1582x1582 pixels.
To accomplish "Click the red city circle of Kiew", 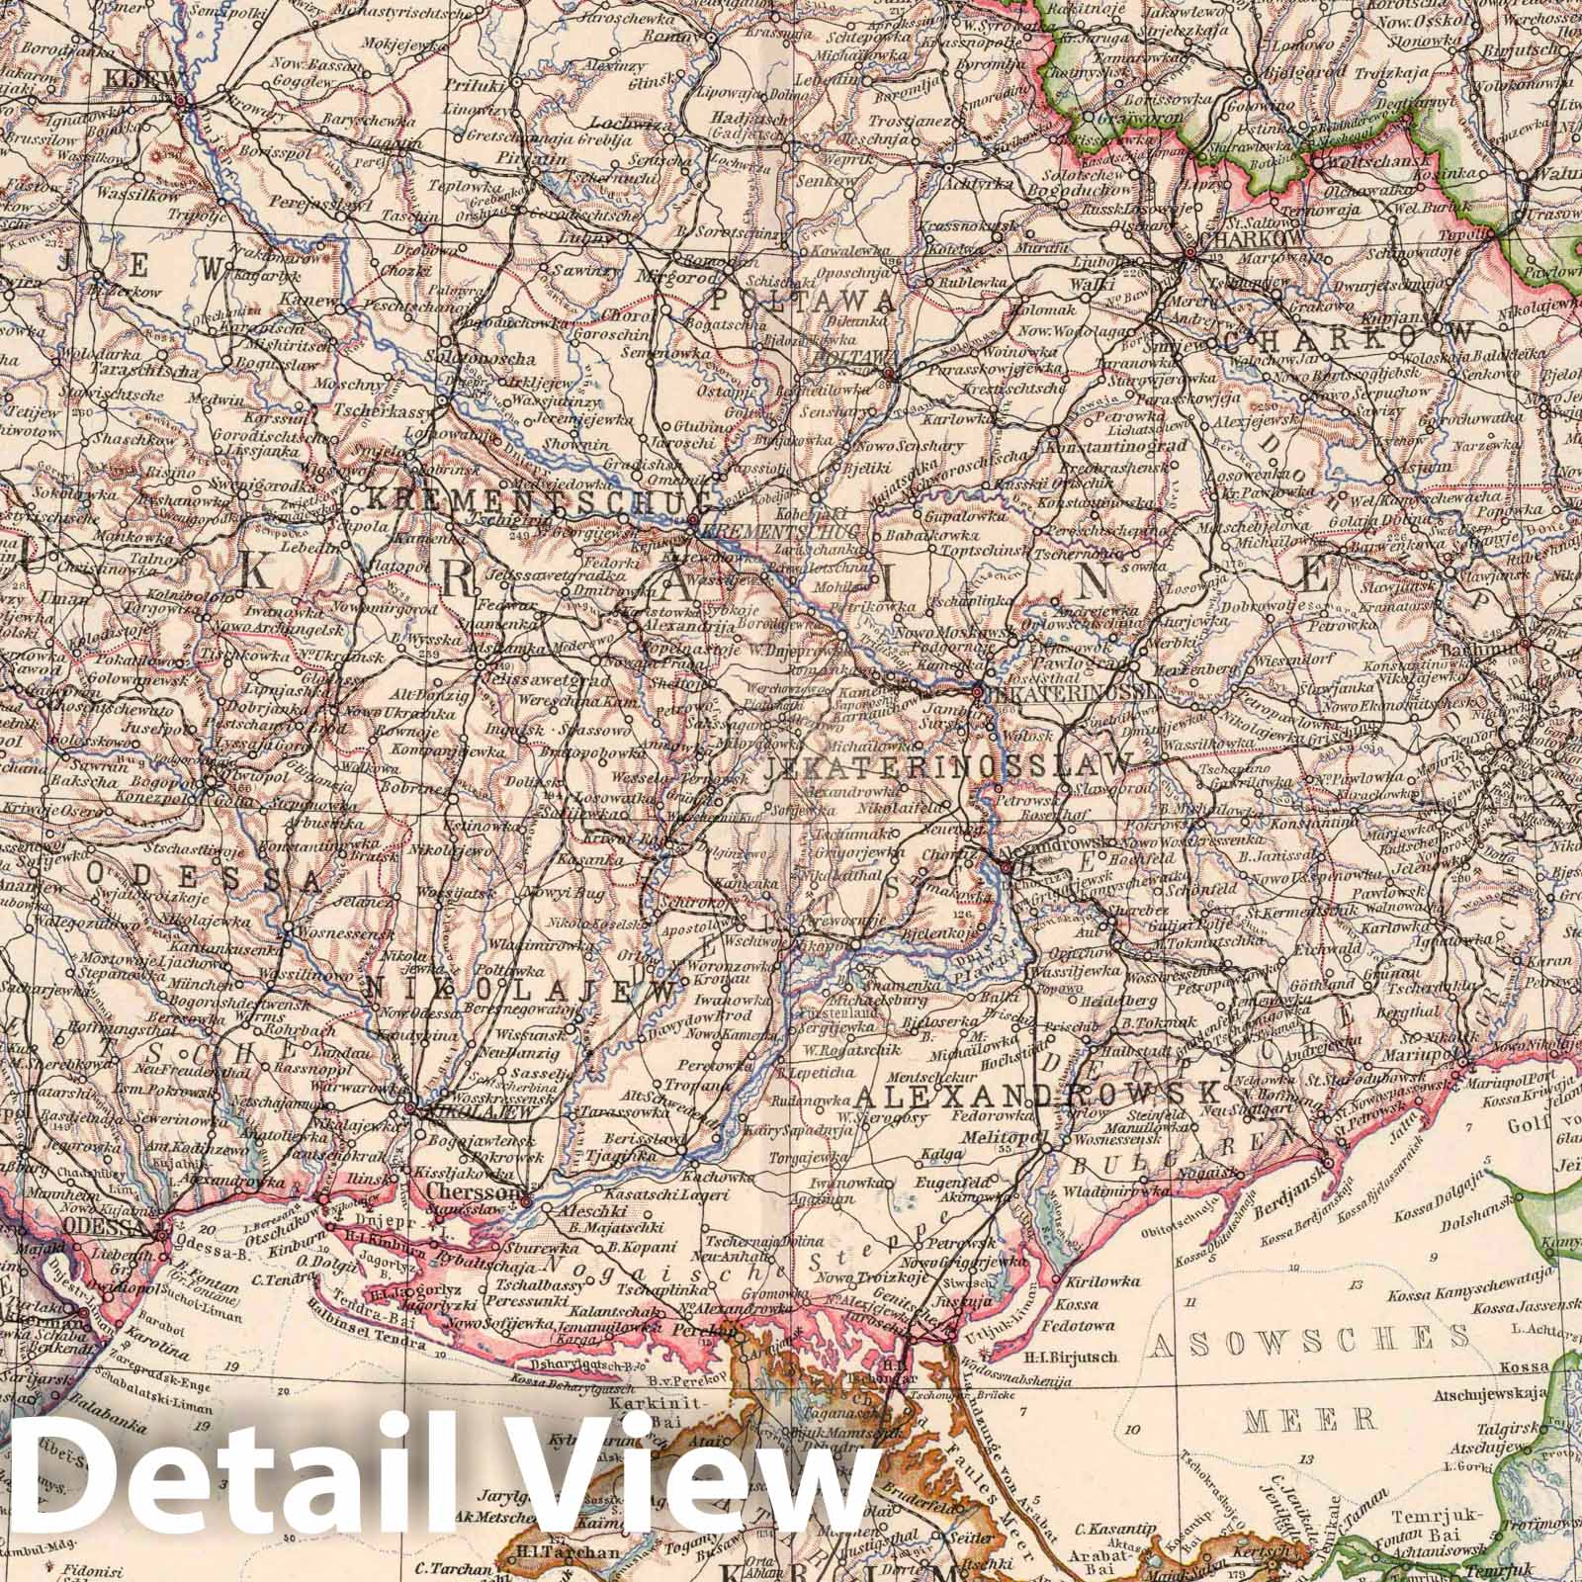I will [x=180, y=100].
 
